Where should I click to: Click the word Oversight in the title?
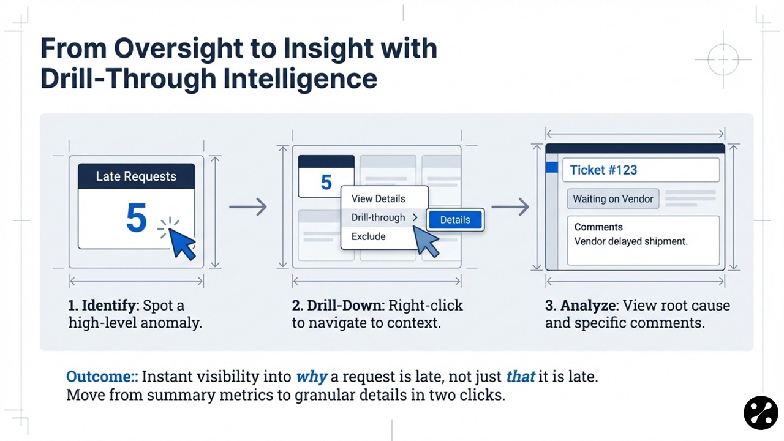point(178,49)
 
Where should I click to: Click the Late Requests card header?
point(136,176)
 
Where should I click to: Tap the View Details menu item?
point(378,198)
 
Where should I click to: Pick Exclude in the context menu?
point(369,236)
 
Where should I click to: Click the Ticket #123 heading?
point(603,170)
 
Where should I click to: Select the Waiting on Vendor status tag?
point(613,199)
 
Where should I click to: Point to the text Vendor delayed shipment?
point(631,241)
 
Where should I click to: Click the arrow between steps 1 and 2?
point(248,207)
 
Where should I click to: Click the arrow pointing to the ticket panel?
point(510,207)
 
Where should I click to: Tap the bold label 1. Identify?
point(102,306)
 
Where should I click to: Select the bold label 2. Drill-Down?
point(337,306)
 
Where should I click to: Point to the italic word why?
point(311,377)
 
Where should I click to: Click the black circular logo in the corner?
point(761,413)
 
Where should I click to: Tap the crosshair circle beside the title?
point(723,59)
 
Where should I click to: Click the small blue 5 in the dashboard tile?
point(326,182)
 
